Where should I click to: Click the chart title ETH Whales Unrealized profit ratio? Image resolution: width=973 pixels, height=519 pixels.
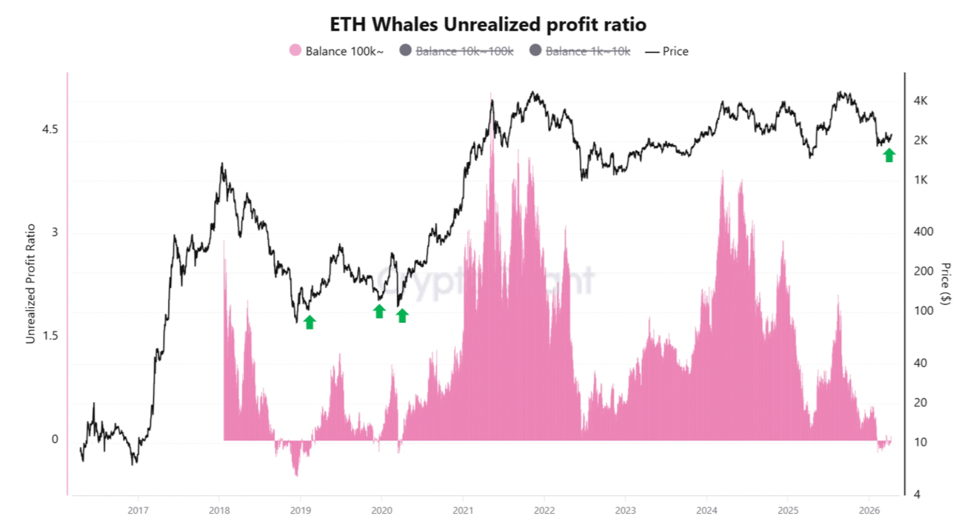click(486, 24)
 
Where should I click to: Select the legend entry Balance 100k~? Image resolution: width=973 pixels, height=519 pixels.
click(336, 51)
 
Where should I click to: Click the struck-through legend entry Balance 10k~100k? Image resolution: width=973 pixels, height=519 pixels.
click(456, 51)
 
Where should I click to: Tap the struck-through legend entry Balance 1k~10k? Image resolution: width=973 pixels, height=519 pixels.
click(580, 51)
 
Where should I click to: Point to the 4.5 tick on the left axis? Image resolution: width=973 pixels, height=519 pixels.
click(50, 129)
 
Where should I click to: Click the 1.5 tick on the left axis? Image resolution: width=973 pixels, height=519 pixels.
click(50, 336)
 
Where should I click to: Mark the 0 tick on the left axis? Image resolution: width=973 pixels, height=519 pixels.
click(54, 439)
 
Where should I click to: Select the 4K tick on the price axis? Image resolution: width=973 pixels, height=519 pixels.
click(926, 101)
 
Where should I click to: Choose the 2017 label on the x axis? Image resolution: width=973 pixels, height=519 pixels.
click(138, 510)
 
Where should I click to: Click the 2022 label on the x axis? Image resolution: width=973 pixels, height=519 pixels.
click(544, 510)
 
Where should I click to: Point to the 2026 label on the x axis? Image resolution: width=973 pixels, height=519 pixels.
click(869, 510)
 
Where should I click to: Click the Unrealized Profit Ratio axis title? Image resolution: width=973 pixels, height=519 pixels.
click(30, 284)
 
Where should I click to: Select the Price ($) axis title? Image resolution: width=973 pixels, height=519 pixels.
click(946, 284)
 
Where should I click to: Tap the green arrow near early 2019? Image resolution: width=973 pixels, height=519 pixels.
click(310, 321)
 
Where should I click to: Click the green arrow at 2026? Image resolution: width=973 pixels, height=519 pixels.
click(889, 155)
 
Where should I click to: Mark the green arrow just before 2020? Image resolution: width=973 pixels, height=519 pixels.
click(379, 311)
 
